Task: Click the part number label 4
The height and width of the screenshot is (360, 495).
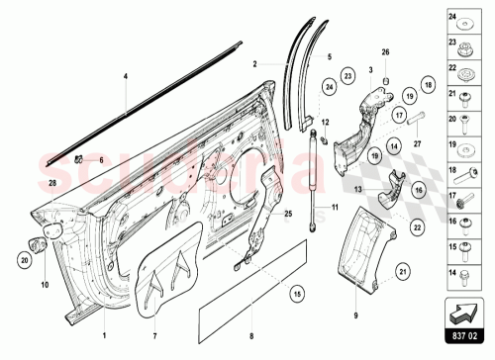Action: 126,76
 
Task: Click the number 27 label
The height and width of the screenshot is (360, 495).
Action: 418,144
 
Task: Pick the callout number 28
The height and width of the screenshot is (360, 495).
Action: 52,183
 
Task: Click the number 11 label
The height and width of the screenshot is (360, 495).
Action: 335,209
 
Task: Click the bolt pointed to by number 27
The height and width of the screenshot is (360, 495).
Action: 415,126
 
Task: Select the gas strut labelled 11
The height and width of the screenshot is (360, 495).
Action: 318,178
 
